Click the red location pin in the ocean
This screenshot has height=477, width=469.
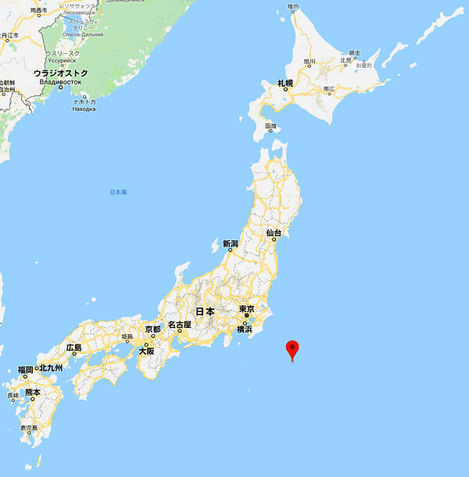coord(293,350)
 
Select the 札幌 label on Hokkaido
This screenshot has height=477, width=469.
coord(285,82)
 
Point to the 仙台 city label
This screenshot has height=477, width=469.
coord(273,233)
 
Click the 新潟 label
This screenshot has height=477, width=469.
coord(230,243)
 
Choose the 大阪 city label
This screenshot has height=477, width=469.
coord(146,351)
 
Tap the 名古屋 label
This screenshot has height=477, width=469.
coord(179,324)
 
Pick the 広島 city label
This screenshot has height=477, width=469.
coord(73,347)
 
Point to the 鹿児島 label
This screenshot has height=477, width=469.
coord(29,428)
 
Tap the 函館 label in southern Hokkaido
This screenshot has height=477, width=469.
coord(271,126)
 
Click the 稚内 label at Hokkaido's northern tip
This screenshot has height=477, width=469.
coord(293,6)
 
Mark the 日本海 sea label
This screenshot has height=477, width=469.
coord(118,191)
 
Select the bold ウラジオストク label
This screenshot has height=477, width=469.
coord(60,73)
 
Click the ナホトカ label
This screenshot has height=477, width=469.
coord(84,101)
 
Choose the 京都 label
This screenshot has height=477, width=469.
coord(152,329)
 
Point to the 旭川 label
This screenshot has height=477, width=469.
coord(310,61)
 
